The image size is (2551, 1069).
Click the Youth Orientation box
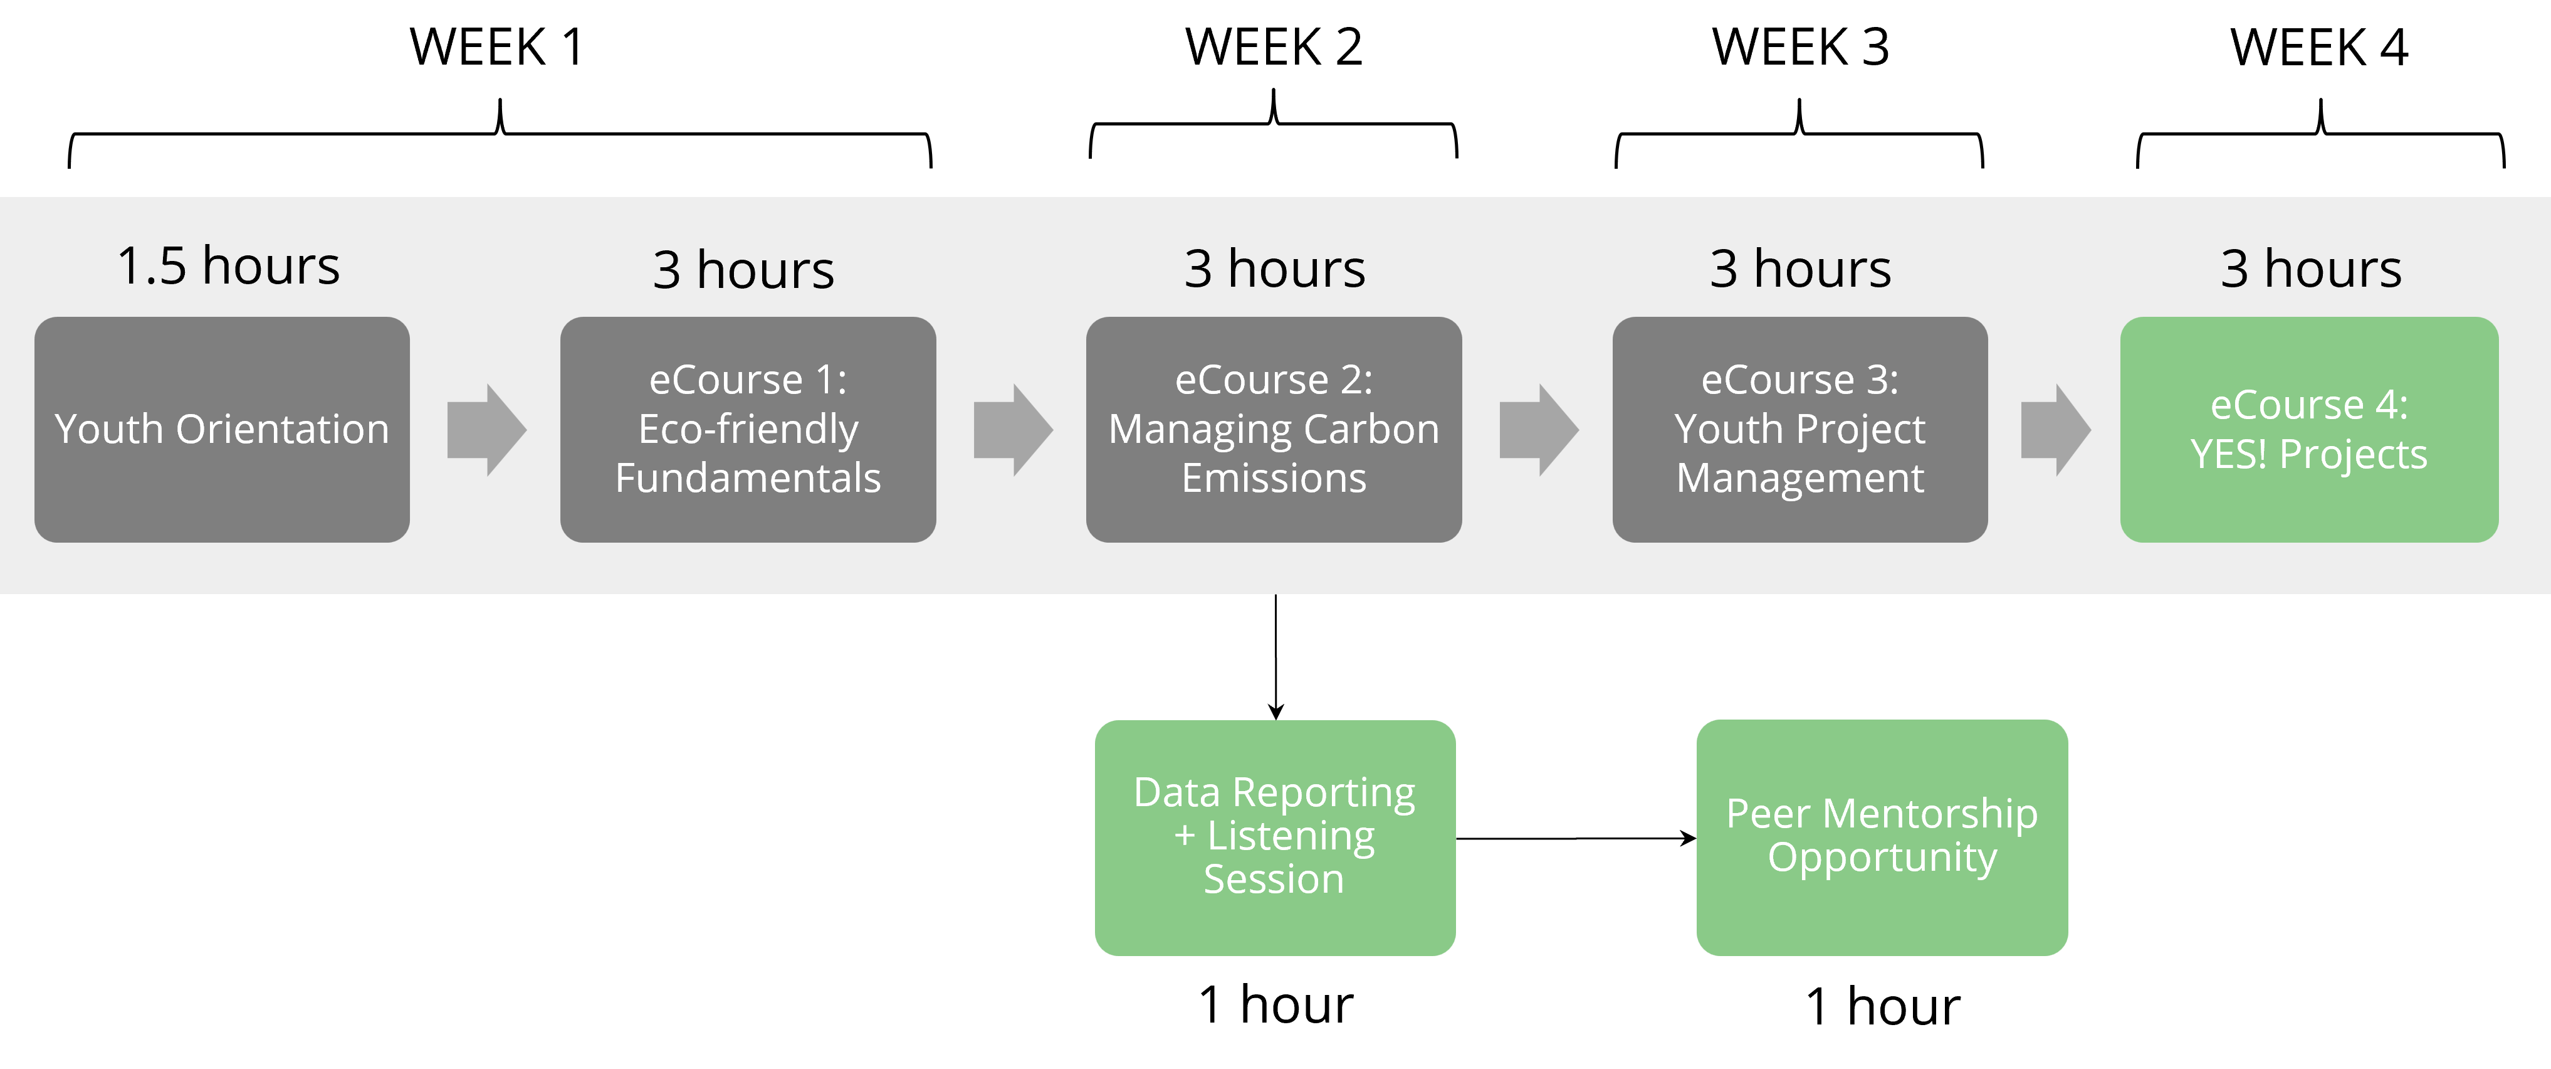click(222, 429)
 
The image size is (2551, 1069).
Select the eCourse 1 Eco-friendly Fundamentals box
click(748, 429)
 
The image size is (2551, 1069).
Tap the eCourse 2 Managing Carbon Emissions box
click(1274, 429)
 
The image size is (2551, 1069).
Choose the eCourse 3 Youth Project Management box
click(1799, 429)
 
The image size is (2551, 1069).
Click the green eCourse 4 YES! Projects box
click(2309, 429)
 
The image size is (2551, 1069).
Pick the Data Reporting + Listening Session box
click(1274, 837)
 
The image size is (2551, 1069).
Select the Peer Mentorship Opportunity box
click(1882, 837)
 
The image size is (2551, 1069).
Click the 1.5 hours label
click(229, 265)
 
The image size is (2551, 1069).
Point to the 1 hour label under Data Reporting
click(1275, 1004)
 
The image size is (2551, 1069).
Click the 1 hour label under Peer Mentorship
click(1883, 1007)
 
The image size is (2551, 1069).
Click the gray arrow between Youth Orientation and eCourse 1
click(486, 430)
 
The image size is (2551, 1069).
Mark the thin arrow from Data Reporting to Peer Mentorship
click(1576, 838)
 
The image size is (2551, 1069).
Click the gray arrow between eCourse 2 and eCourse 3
click(1539, 430)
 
